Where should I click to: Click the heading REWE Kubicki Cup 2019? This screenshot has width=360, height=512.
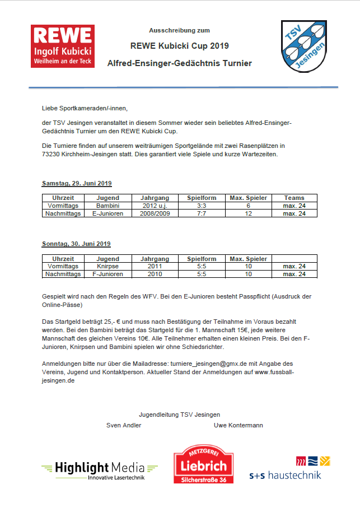(179, 45)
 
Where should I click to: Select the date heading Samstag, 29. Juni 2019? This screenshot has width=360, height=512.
(76, 183)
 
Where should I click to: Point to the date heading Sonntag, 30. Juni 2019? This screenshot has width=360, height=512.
(76, 244)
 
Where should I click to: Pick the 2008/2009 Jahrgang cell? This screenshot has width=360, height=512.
(155, 213)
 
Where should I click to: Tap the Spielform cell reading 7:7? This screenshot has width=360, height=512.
(202, 213)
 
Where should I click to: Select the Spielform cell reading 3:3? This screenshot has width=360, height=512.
(202, 206)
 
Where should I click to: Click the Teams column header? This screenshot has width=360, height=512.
(294, 198)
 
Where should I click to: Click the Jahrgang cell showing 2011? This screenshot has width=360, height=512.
(155, 266)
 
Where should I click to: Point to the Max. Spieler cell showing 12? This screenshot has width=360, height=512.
(249, 213)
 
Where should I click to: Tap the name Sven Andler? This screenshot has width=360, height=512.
(124, 425)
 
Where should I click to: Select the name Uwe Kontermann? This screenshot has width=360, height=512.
(238, 425)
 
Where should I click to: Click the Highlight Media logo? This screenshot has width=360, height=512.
(99, 469)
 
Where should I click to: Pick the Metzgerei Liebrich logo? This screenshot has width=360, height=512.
(203, 465)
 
